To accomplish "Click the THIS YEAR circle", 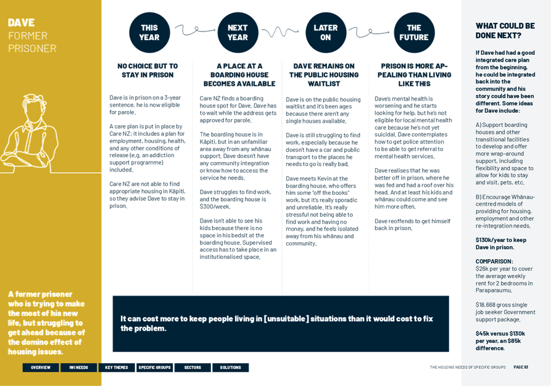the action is [149, 33].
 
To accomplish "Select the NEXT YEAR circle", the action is [238, 33].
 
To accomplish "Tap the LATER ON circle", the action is [326, 33].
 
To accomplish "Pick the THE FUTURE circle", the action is [414, 33].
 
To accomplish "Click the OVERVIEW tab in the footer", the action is [41, 368].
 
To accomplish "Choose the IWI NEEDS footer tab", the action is [78, 368].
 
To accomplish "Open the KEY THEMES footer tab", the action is [117, 368].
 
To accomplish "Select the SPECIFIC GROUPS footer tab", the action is [155, 368].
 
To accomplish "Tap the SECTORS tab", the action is [193, 368].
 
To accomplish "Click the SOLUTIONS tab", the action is [231, 368].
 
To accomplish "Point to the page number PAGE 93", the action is [521, 367].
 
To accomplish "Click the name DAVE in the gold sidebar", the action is [22, 23].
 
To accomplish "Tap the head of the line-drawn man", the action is [34, 107].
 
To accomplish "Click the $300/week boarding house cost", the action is [215, 207].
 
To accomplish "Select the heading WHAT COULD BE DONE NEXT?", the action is [505, 31].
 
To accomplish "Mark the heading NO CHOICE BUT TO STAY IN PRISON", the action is [147, 70].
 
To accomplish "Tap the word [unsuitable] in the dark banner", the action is [286, 319].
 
